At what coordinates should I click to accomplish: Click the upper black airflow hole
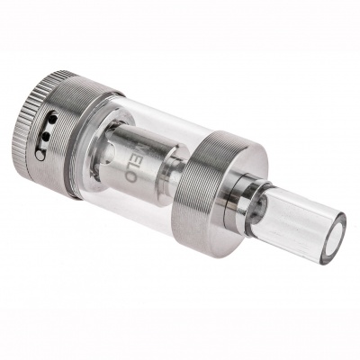(52, 120)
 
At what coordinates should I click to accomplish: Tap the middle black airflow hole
(46, 137)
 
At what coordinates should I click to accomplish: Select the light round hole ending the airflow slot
(40, 155)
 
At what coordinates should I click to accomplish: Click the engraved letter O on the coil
(130, 176)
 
